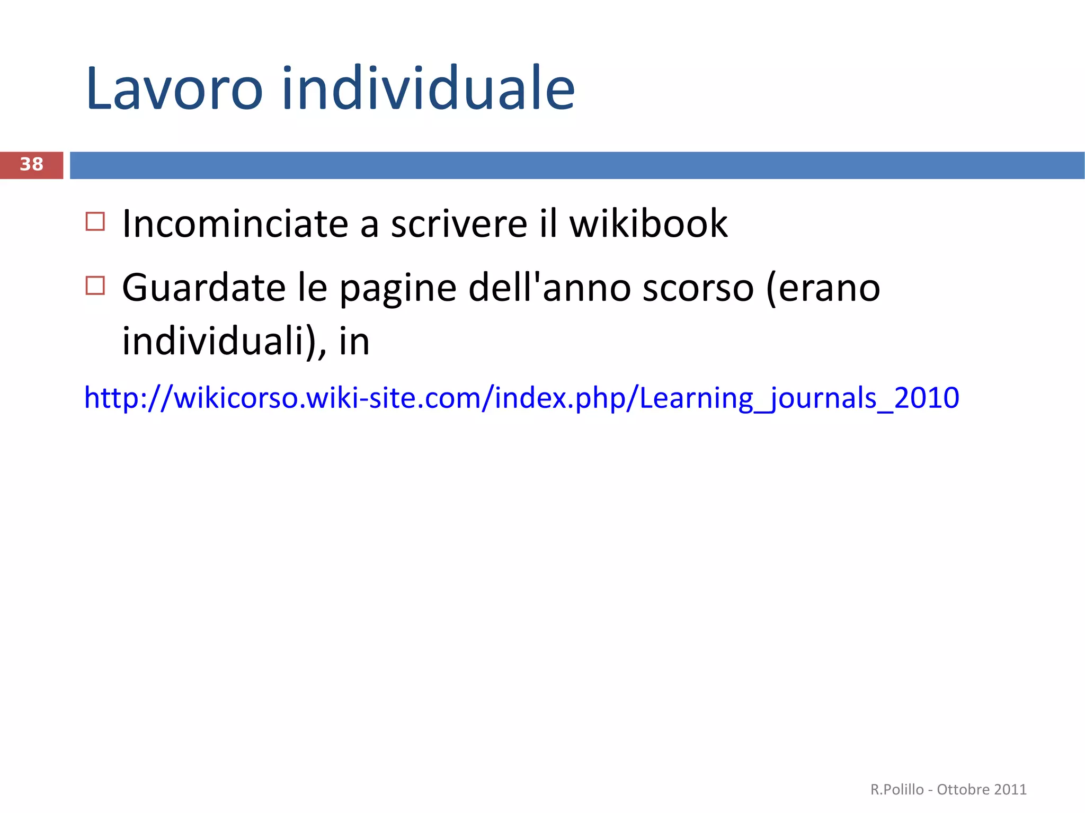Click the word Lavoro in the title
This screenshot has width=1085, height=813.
[x=174, y=89]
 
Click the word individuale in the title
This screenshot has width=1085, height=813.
[x=428, y=89]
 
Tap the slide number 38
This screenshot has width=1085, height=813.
[x=31, y=165]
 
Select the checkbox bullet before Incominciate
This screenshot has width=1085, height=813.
[x=95, y=221]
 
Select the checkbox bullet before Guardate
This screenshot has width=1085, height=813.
[x=95, y=285]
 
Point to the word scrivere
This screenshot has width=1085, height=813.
[x=459, y=224]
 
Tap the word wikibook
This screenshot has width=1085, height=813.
[x=648, y=224]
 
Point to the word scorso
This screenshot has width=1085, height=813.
[x=698, y=289]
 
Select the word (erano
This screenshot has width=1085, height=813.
[x=823, y=289]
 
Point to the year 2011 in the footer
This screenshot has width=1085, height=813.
[x=1010, y=790]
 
